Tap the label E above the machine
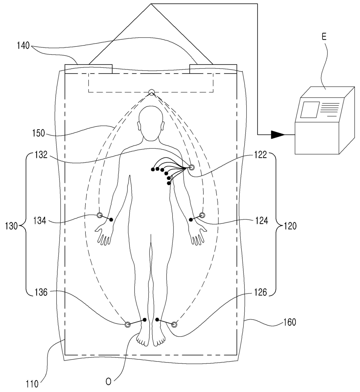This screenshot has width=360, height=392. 324,36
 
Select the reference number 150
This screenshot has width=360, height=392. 38,133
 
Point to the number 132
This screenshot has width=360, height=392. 41,155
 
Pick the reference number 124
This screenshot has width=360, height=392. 261,221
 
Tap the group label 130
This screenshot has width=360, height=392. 12,226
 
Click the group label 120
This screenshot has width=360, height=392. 290,226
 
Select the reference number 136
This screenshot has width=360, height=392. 41,292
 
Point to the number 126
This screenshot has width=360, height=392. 260,292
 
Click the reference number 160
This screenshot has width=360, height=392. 289,322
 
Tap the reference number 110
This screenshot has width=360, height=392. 32,384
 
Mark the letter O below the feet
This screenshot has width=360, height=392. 108,382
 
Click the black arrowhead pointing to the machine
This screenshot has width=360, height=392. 278,134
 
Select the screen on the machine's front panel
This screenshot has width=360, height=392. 309,109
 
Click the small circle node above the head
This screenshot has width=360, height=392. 151,92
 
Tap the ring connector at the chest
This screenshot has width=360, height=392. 191,167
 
